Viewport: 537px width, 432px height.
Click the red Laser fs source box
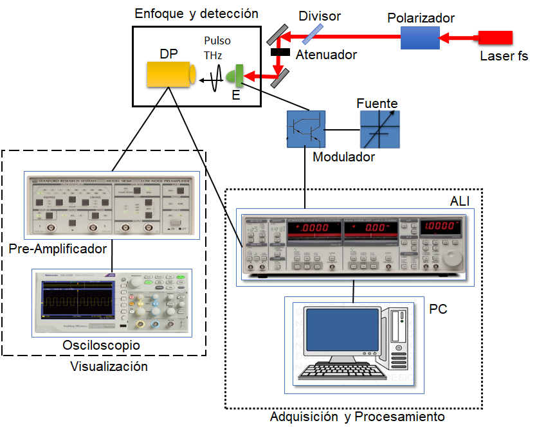point(495,37)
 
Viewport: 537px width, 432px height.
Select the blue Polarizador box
point(420,37)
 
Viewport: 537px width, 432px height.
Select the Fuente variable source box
point(379,129)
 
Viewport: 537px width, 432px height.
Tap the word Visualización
point(109,367)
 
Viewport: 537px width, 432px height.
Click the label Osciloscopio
point(101,346)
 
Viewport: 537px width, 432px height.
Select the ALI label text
point(460,202)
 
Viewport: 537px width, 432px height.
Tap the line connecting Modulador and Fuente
point(342,129)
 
